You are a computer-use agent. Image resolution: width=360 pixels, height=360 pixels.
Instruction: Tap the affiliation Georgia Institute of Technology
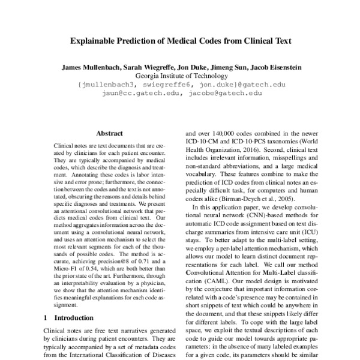click(181, 76)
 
